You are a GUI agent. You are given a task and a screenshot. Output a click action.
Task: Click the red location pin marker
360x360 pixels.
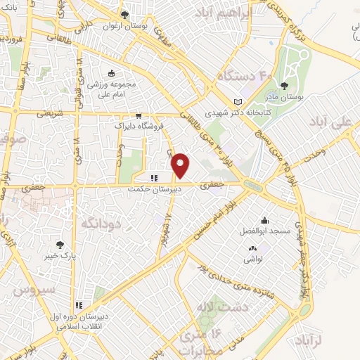181,165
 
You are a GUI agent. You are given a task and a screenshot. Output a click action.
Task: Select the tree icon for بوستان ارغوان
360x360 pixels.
124,14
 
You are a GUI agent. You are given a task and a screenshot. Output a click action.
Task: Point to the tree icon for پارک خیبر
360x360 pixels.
59,245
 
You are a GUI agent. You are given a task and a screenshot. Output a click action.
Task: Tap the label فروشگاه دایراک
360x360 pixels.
139,126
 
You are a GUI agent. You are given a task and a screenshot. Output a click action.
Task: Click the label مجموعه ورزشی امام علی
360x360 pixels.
111,86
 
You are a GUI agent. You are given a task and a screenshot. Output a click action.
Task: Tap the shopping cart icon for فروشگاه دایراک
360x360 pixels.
139,116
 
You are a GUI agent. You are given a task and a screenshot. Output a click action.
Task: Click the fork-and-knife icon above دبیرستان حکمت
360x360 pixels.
153,177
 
